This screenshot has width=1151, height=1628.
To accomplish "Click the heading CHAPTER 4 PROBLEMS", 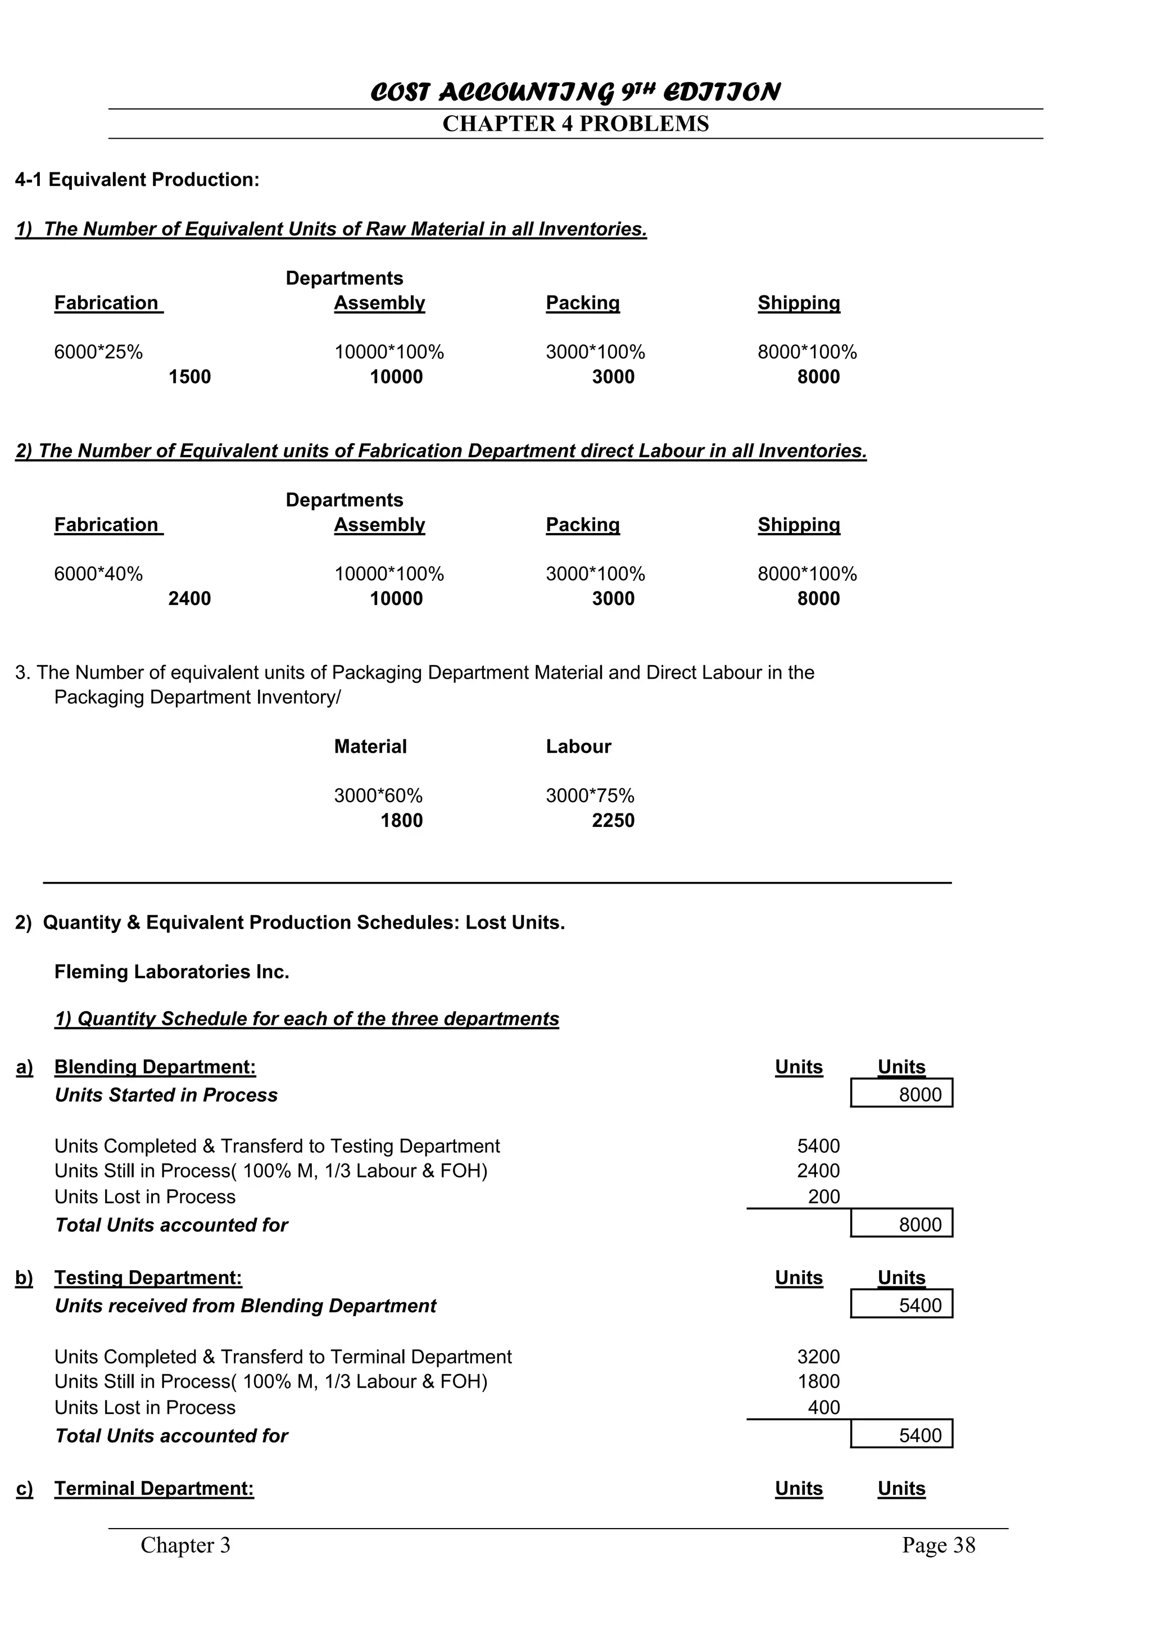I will pos(575,124).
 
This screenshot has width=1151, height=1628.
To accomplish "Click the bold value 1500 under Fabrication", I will pos(189,376).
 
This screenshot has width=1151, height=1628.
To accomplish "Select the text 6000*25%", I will pos(98,352).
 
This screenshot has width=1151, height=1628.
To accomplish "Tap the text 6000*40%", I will pos(98,574).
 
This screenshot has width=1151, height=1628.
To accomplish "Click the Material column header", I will pos(370,747).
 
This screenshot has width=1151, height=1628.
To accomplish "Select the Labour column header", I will pos(578,747).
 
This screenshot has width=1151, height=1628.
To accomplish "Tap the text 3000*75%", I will pos(590,795).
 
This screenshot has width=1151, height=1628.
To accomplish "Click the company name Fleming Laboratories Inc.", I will pos(171,971).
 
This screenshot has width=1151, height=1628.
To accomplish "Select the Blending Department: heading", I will pos(155,1067).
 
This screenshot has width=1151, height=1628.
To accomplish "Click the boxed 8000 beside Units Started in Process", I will pos(920,1095).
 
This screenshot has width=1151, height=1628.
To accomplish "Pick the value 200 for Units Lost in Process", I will pos(823,1197).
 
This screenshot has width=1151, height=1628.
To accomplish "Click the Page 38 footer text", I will pos(938,1545).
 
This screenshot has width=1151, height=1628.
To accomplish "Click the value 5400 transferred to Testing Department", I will pos(818,1146).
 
